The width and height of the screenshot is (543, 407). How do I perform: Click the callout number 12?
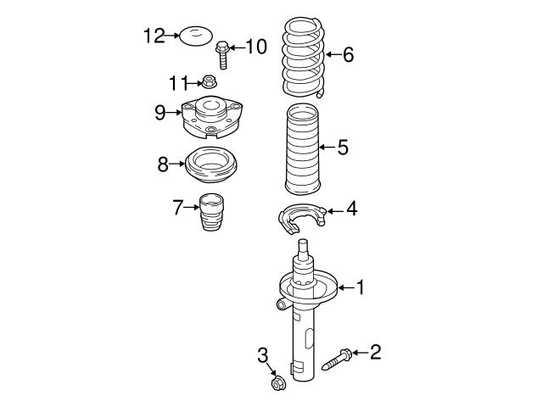pos(154,36)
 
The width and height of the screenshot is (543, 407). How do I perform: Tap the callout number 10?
pos(255,46)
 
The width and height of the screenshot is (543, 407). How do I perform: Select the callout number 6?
pos(348,56)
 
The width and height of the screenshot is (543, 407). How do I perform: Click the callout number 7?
pos(177,207)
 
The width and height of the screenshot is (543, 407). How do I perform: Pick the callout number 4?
pos(350,209)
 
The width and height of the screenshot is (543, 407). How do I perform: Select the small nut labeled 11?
pos(209,82)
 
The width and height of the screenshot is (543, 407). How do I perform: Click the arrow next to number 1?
pos(344,288)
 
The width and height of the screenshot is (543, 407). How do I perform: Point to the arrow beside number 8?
pos(179,164)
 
